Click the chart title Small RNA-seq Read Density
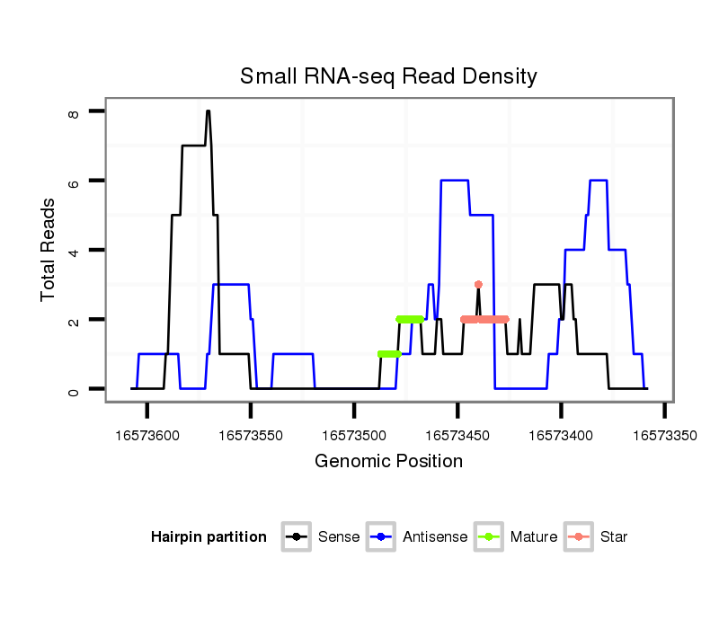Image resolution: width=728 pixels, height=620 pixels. click(388, 76)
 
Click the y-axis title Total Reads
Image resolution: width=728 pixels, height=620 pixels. click(49, 250)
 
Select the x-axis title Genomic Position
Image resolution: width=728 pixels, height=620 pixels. click(388, 462)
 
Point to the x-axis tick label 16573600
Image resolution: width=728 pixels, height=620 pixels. click(147, 435)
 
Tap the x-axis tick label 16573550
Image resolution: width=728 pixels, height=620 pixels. click(251, 435)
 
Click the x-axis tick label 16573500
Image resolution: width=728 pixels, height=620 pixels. click(354, 435)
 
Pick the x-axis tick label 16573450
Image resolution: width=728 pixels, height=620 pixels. click(457, 435)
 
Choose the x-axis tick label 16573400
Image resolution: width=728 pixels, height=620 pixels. click(561, 435)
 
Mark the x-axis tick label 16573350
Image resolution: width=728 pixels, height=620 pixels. click(664, 435)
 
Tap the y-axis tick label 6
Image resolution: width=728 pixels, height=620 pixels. click(74, 181)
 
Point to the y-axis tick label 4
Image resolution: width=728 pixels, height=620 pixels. click(74, 250)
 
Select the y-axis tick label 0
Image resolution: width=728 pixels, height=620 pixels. click(74, 389)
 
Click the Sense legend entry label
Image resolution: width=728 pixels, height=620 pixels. click(339, 537)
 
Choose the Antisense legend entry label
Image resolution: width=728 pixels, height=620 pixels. click(435, 537)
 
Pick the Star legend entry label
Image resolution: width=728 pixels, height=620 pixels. click(614, 537)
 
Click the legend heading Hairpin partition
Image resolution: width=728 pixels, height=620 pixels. click(209, 537)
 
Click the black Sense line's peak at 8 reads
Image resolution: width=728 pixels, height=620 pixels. click(208, 111)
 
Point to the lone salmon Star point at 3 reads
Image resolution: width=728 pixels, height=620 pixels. click(478, 285)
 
